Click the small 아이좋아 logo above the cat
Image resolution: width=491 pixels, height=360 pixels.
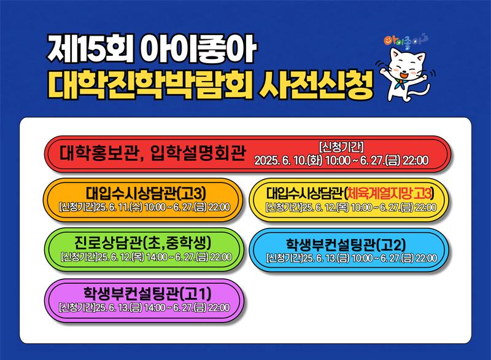[x=406, y=40]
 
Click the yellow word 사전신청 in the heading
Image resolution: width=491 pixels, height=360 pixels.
[x=315, y=85]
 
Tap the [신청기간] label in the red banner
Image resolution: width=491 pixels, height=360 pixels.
[x=341, y=147]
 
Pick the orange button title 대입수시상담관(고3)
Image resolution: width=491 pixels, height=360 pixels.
[x=146, y=194]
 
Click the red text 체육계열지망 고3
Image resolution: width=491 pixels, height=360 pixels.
[x=389, y=194]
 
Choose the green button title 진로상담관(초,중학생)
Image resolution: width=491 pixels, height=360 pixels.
[x=143, y=243]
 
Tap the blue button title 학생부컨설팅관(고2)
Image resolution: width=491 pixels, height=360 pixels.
[x=346, y=245]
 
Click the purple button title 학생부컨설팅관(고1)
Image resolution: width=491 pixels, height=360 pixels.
[x=147, y=294]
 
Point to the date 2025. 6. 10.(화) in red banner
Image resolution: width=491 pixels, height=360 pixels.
[x=288, y=160]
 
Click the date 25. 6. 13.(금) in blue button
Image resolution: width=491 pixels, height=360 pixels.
[x=327, y=258]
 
